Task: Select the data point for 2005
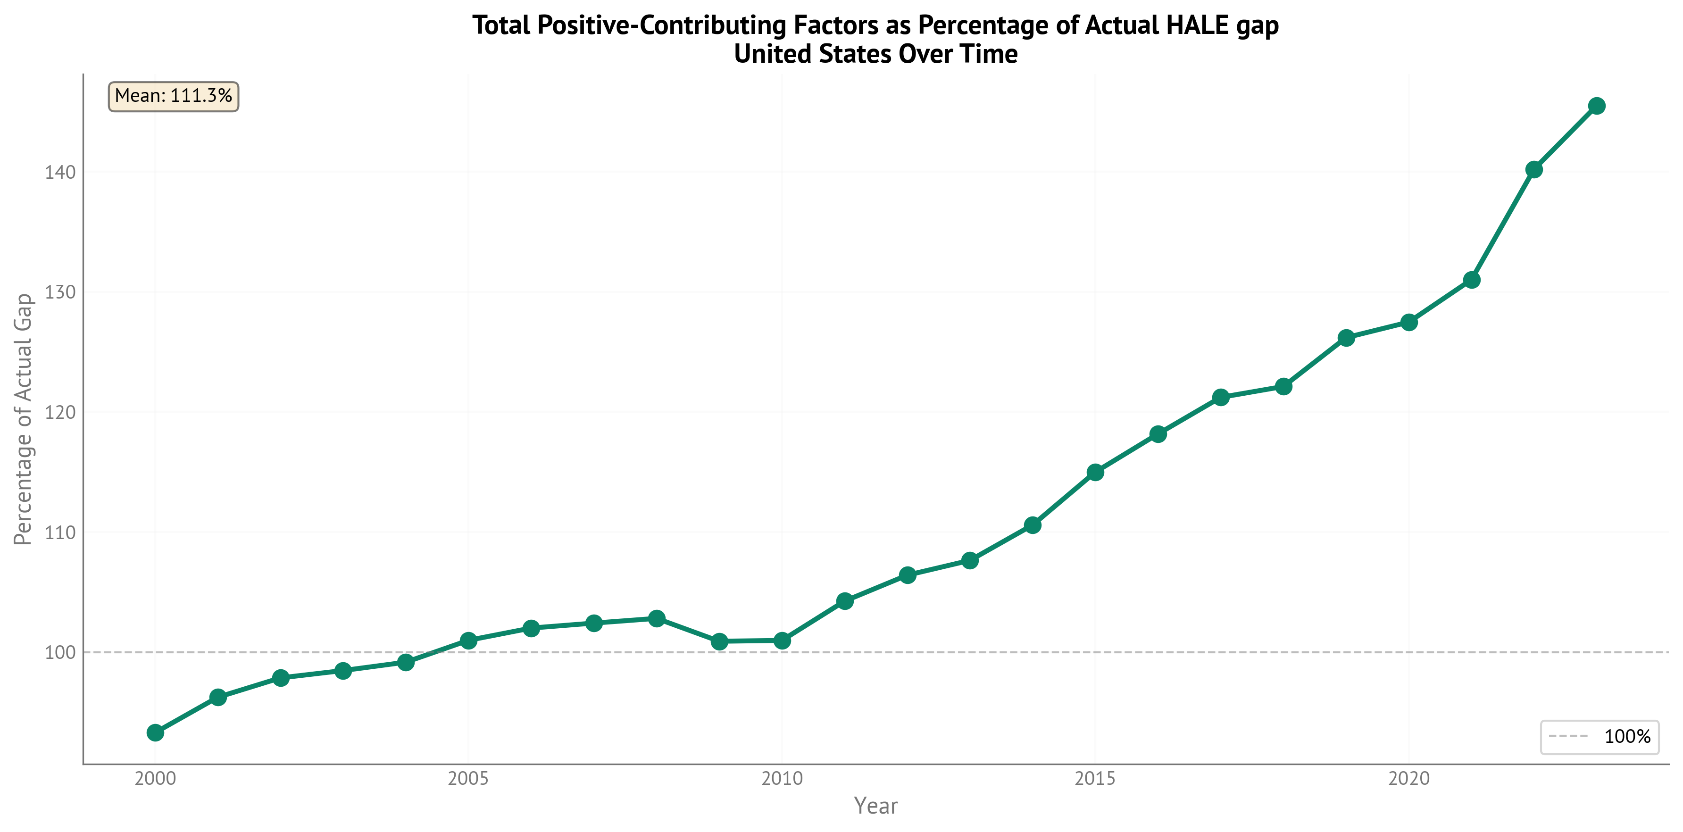click(x=468, y=640)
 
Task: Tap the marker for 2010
click(x=782, y=641)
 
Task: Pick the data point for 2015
click(x=1096, y=472)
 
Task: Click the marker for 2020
click(x=1409, y=322)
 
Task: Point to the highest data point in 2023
click(x=1597, y=106)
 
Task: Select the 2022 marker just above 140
click(x=1534, y=170)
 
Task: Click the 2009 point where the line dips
click(x=719, y=641)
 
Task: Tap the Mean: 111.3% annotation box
click(x=173, y=97)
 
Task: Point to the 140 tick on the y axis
click(x=60, y=173)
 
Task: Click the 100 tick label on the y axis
click(x=60, y=652)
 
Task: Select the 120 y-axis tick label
click(x=60, y=412)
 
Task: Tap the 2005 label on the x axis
click(x=468, y=778)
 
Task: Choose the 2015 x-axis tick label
click(x=1096, y=778)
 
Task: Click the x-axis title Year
click(x=875, y=806)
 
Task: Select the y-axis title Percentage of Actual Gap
click(x=24, y=419)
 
